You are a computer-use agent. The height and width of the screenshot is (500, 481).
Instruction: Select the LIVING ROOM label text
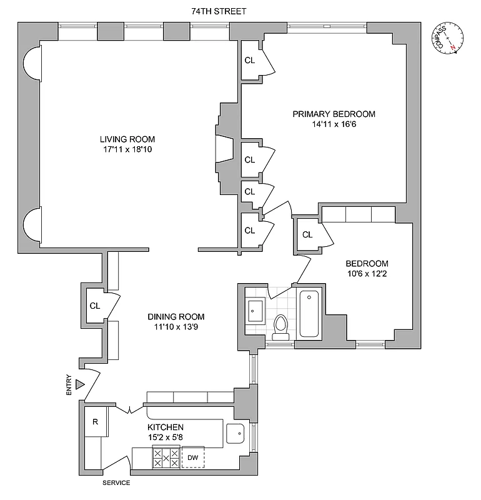(127, 139)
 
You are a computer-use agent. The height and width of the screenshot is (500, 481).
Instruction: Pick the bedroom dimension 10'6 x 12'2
(368, 274)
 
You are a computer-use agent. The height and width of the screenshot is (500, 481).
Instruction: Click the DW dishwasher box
(193, 458)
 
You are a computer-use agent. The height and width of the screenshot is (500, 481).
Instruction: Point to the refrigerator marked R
(95, 421)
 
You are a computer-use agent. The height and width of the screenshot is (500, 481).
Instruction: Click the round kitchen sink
(236, 432)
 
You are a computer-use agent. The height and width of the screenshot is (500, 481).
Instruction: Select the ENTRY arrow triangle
(79, 384)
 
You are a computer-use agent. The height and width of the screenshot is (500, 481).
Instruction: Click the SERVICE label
(116, 483)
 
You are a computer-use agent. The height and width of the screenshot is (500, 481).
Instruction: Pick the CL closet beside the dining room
(94, 306)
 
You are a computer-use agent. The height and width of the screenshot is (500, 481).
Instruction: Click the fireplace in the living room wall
(222, 151)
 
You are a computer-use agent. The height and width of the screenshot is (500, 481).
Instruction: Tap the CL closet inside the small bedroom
(307, 234)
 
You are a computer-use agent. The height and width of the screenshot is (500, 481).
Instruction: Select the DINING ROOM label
(176, 316)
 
